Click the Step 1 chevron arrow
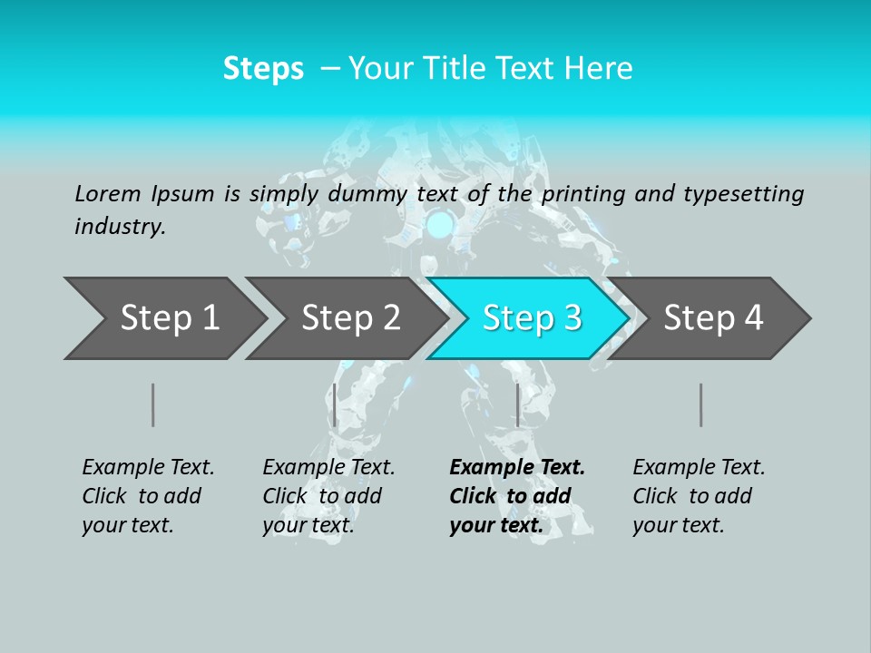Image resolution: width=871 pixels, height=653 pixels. (163, 318)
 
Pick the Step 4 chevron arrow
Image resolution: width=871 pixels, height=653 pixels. (711, 318)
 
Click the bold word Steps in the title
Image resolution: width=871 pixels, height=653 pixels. (263, 69)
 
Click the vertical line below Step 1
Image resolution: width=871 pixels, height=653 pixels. (153, 404)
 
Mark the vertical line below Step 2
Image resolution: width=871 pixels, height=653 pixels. (335, 404)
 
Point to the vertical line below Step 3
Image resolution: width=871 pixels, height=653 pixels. (517, 404)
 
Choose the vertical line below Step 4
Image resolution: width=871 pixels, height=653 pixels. (700, 404)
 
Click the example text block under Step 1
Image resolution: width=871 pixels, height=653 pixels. (148, 496)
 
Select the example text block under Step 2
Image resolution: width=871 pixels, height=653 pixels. (328, 496)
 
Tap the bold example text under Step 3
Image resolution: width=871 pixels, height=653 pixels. (517, 496)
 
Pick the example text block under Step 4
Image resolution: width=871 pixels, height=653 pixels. (699, 496)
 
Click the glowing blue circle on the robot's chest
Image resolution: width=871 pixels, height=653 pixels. (441, 223)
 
